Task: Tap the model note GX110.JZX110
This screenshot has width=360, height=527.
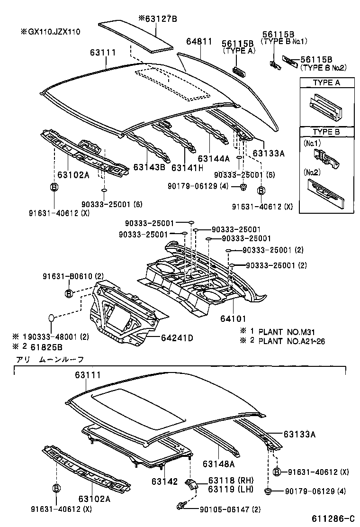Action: pyautogui.click(x=50, y=32)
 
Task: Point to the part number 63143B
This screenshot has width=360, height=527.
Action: pyautogui.click(x=149, y=167)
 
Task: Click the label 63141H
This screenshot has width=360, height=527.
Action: pyautogui.click(x=187, y=168)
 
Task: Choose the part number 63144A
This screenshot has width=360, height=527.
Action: pyautogui.click(x=214, y=158)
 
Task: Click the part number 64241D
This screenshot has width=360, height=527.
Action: pyautogui.click(x=177, y=337)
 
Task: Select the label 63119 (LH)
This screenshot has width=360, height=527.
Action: pyautogui.click(x=224, y=489)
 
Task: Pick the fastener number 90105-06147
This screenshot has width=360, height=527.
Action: pyautogui.click(x=223, y=509)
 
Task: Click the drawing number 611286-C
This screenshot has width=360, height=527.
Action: pyautogui.click(x=333, y=519)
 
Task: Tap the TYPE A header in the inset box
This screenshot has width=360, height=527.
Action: pyautogui.click(x=326, y=82)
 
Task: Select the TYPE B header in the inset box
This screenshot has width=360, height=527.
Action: pyautogui.click(x=326, y=133)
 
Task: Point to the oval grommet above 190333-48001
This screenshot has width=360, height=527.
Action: pyautogui.click(x=53, y=318)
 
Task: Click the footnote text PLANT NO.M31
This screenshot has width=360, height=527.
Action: pyautogui.click(x=284, y=331)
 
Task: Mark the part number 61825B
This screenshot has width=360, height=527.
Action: pyautogui.click(x=47, y=346)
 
